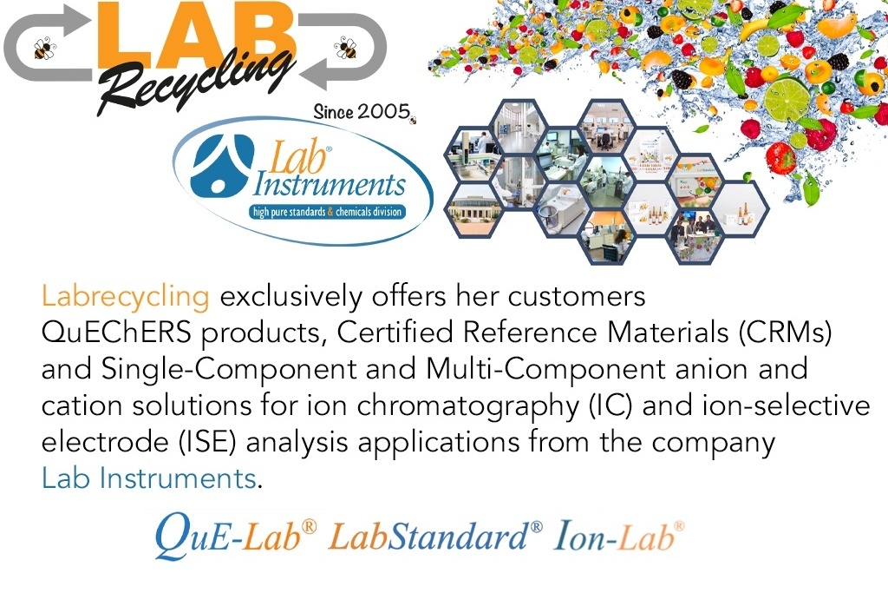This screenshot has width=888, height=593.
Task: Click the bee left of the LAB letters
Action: click(x=45, y=48)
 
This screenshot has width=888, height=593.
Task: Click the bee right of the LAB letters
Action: click(x=345, y=47)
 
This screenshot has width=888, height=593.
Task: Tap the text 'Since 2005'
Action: click(x=362, y=111)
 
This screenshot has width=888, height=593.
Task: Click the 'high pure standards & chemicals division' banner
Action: click(x=327, y=212)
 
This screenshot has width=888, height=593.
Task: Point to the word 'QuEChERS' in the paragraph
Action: click(x=116, y=333)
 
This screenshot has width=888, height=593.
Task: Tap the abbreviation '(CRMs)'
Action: click(x=785, y=333)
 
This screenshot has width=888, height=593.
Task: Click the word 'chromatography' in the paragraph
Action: click(x=467, y=407)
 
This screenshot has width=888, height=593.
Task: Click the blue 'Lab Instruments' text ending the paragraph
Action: click(x=149, y=478)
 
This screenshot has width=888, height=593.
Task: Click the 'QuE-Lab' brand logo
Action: click(x=236, y=535)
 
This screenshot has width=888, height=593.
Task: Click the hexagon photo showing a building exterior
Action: click(x=474, y=210)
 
